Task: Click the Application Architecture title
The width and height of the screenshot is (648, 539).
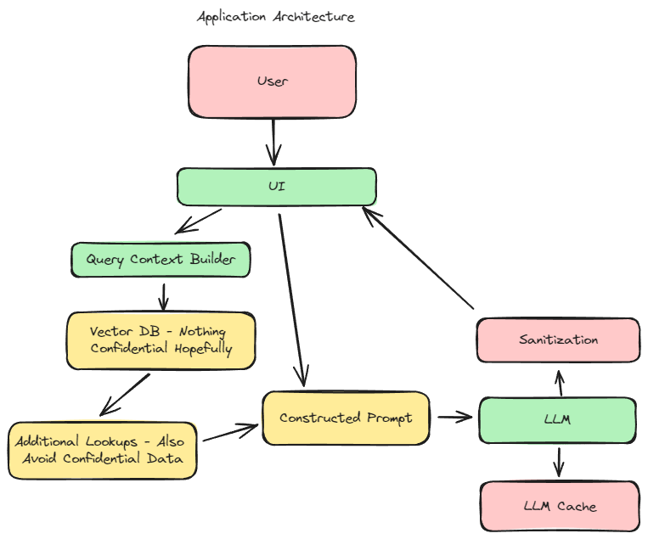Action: click(276, 17)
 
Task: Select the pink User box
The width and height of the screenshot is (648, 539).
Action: click(272, 81)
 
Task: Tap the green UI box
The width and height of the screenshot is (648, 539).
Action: click(276, 187)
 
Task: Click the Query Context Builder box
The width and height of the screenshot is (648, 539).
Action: click(160, 260)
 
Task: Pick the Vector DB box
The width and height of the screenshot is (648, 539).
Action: click(161, 340)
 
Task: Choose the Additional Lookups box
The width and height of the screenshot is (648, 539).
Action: click(103, 450)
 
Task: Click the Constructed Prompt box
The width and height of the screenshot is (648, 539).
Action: click(346, 418)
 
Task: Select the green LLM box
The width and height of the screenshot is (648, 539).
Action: click(557, 419)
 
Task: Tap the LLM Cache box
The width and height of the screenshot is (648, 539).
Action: click(559, 507)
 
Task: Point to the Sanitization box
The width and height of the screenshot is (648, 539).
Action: click(558, 340)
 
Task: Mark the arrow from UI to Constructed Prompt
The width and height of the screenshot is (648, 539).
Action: click(291, 297)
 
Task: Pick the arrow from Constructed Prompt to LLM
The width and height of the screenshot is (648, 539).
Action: click(454, 417)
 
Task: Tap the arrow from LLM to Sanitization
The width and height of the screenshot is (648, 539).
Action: click(558, 382)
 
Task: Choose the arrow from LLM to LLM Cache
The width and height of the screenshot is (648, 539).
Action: click(558, 462)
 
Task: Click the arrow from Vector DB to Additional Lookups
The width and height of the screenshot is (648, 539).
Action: click(126, 395)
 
